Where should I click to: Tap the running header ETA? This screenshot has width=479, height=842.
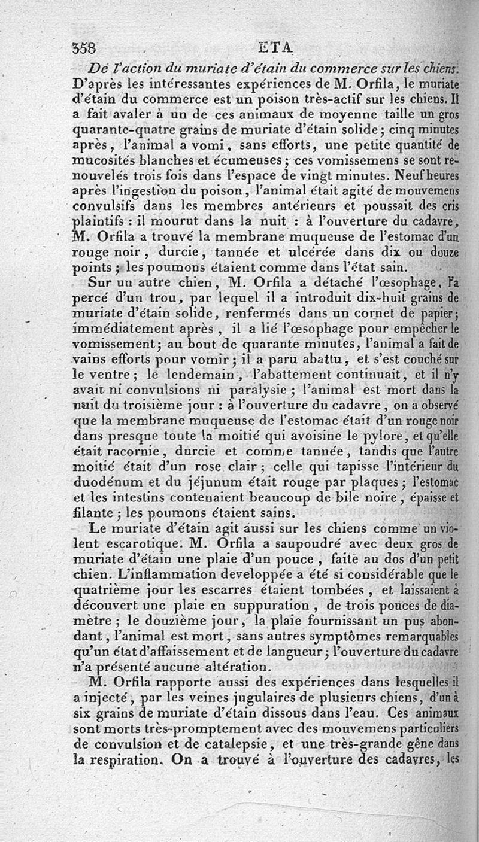(274, 48)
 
